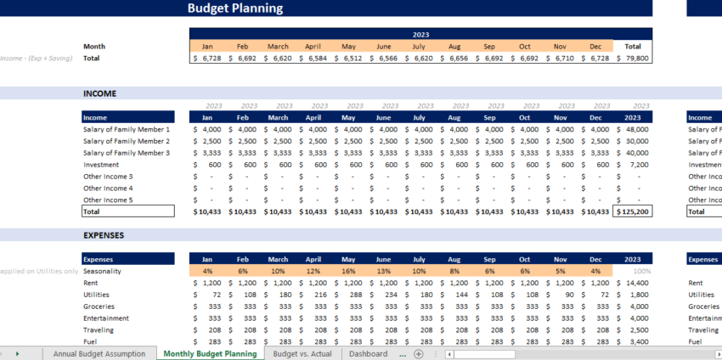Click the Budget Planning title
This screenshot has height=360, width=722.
pyautogui.click(x=235, y=8)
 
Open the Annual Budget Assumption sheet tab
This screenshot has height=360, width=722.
pyautogui.click(x=100, y=353)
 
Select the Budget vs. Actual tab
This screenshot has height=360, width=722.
pyautogui.click(x=303, y=353)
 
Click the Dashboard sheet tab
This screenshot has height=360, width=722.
pyautogui.click(x=368, y=353)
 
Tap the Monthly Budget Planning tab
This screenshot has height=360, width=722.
pyautogui.click(x=210, y=353)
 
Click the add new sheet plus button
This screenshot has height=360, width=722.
pyautogui.click(x=418, y=353)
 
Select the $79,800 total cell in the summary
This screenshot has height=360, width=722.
pyautogui.click(x=633, y=59)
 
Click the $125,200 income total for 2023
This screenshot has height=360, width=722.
pyautogui.click(x=633, y=211)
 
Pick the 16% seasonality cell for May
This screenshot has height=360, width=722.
pyautogui.click(x=348, y=271)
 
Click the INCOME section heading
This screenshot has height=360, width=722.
pyautogui.click(x=99, y=93)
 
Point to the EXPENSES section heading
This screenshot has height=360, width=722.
pyautogui.click(x=104, y=234)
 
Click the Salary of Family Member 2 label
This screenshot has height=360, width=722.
pyautogui.click(x=127, y=141)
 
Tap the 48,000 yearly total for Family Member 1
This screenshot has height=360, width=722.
pyautogui.click(x=633, y=129)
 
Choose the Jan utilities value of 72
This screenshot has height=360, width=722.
pyautogui.click(x=207, y=295)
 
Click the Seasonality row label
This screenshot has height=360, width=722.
pyautogui.click(x=102, y=271)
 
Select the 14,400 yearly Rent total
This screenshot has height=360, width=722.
pyautogui.click(x=633, y=283)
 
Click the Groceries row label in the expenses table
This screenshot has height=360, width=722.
pyautogui.click(x=99, y=307)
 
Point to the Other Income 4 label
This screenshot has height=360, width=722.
pyautogui.click(x=108, y=188)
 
